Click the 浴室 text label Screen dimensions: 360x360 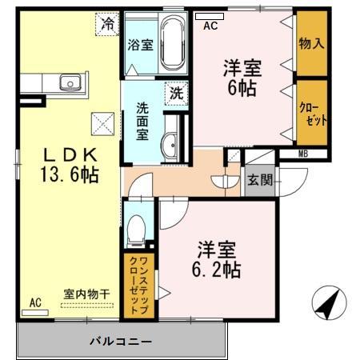140,46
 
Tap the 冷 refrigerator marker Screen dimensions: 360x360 107,25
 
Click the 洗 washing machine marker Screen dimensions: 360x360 175,92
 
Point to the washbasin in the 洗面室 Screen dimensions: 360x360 171,145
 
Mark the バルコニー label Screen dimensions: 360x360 120,342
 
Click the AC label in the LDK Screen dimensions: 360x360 35,302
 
